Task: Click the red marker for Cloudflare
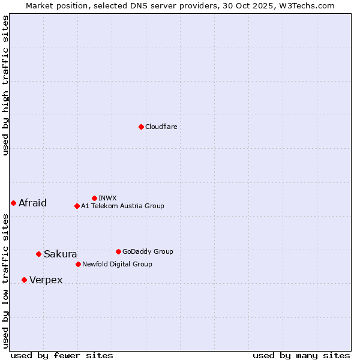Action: [x=141, y=127]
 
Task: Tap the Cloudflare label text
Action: [x=161, y=127]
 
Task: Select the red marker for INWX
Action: [x=94, y=198]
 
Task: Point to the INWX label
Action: [x=107, y=198]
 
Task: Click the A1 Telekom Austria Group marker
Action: [x=77, y=206]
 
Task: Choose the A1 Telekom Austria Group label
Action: [x=122, y=206]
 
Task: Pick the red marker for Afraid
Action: [x=13, y=203]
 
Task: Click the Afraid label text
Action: [x=32, y=203]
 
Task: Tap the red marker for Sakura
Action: [x=38, y=254]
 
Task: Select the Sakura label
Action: [x=60, y=254]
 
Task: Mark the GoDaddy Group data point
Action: [x=118, y=251]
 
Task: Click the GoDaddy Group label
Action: [x=148, y=251]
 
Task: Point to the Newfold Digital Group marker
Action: [x=78, y=264]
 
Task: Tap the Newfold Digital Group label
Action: [x=117, y=264]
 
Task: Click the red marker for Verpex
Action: [x=24, y=280]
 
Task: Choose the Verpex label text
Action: [x=46, y=280]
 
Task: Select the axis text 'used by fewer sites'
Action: [x=62, y=355]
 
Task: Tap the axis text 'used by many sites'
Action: [x=301, y=355]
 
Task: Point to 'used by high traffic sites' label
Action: [x=5, y=85]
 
